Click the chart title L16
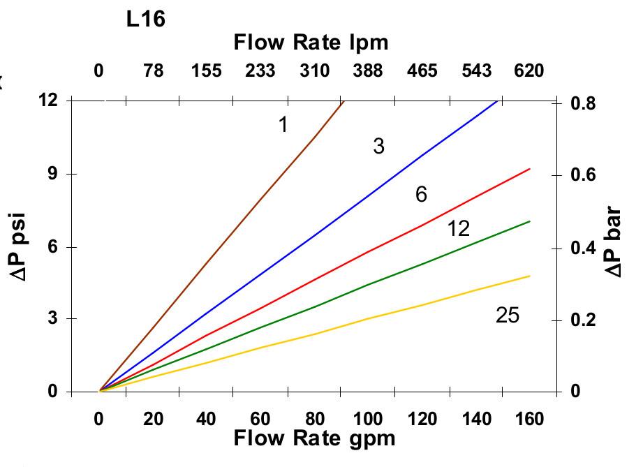coord(146,20)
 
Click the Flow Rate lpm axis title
coord(311,43)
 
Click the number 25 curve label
coord(508,316)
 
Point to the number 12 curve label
coord(458,228)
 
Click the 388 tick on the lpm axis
coord(368,71)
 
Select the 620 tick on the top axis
coord(528,71)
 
